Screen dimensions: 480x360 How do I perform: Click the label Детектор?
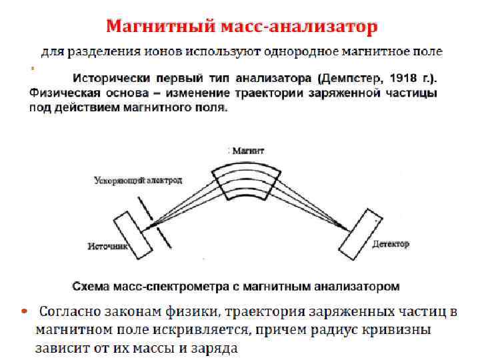391,244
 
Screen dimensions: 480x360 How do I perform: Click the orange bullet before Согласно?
23,311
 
